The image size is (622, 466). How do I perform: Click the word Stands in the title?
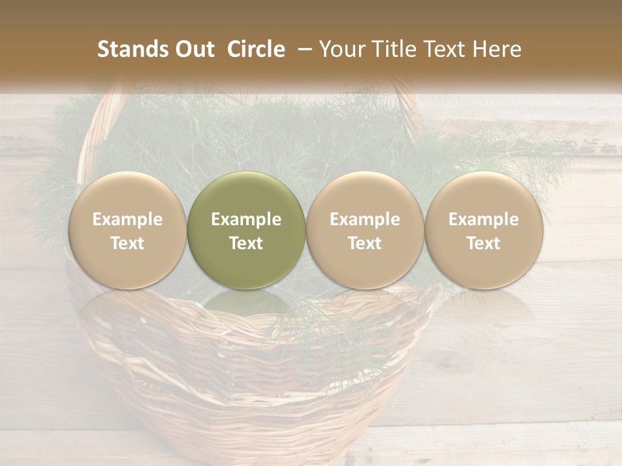click(x=132, y=50)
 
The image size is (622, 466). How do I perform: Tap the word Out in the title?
click(x=193, y=50)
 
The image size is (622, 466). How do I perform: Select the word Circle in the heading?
click(x=256, y=50)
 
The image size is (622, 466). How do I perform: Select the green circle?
click(x=246, y=230)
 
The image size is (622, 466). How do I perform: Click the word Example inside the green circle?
click(x=246, y=219)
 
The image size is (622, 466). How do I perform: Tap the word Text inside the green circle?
click(x=246, y=243)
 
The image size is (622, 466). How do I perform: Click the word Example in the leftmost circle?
click(x=127, y=219)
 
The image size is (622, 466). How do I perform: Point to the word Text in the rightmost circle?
click(x=483, y=243)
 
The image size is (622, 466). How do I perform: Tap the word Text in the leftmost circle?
click(x=127, y=243)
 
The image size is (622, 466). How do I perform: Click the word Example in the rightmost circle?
click(x=483, y=219)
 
